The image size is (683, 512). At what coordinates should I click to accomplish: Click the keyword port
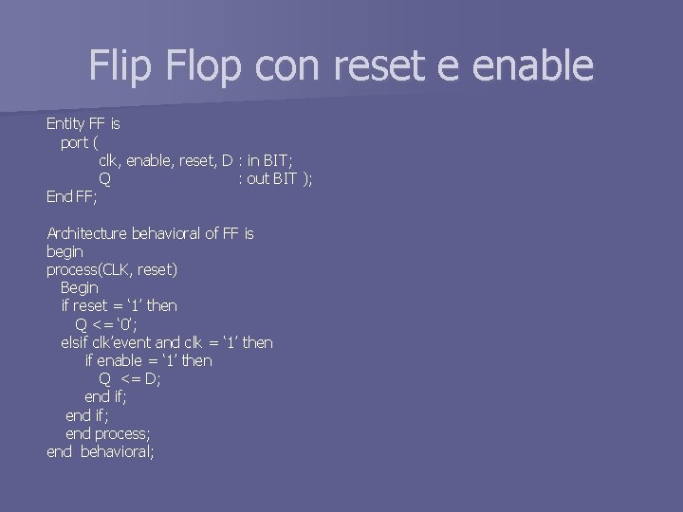[x=74, y=143]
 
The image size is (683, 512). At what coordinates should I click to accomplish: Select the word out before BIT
[x=257, y=179]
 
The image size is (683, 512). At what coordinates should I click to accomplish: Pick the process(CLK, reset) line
[x=112, y=269]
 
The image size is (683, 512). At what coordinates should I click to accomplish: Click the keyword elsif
[x=75, y=342]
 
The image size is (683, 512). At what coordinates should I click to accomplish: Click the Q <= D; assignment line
[x=130, y=378]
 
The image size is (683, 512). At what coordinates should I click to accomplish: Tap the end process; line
[x=107, y=433]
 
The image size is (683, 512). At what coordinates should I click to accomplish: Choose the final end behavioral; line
[x=100, y=451]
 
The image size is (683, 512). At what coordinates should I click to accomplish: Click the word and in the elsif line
[x=167, y=342]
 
